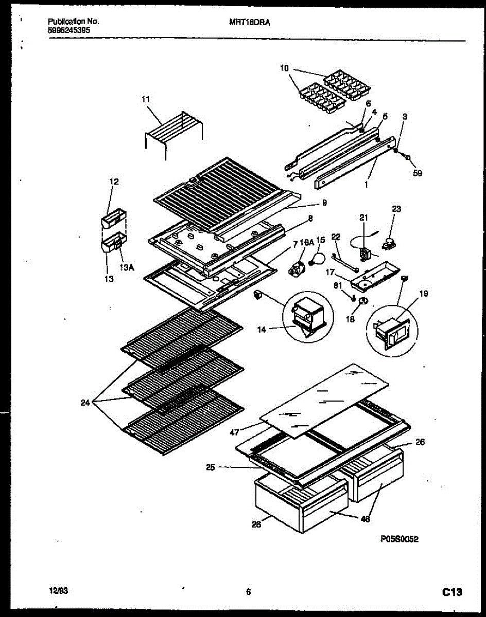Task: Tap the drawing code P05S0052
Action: (399, 539)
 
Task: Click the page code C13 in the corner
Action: (452, 593)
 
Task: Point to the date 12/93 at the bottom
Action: (58, 592)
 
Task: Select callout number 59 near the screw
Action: (417, 173)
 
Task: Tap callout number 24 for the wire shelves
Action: (85, 403)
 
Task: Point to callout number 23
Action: (396, 209)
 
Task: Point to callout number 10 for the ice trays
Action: (285, 68)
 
